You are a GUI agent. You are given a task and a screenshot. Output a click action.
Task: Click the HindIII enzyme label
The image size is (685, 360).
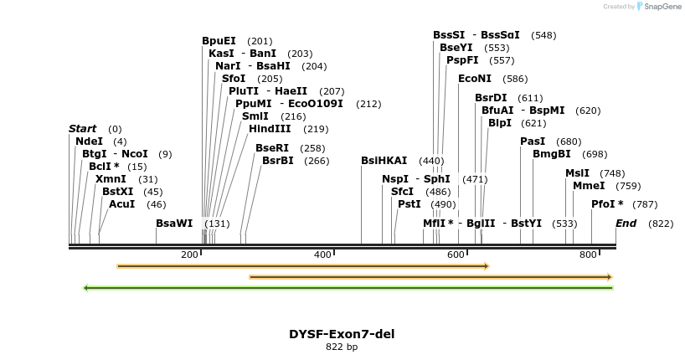click(x=270, y=129)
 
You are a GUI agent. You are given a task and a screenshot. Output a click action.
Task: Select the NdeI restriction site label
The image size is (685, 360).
click(x=89, y=141)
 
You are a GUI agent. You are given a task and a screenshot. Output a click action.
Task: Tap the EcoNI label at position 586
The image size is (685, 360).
click(x=475, y=79)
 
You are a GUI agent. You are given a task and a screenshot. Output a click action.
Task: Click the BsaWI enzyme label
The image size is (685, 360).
click(x=174, y=224)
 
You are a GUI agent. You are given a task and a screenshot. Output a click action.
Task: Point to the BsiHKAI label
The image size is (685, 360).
click(x=384, y=161)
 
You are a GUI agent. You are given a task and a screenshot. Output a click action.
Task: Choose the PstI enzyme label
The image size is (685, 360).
click(x=409, y=204)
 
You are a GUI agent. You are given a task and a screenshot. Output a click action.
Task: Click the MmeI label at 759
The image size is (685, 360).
click(x=588, y=186)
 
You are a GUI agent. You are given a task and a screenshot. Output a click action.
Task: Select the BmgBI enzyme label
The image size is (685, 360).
click(x=551, y=154)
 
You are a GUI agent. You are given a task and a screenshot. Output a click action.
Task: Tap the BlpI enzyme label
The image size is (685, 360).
click(x=499, y=123)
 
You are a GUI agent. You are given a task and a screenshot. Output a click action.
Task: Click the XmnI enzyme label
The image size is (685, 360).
click(x=111, y=179)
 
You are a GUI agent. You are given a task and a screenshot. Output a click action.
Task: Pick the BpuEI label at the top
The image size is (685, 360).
click(x=219, y=41)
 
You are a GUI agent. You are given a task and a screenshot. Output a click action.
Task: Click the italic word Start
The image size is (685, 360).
click(x=82, y=129)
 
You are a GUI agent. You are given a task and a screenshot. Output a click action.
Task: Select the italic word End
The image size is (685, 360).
click(x=626, y=224)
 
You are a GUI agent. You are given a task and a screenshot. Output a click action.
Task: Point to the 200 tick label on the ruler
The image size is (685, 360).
click(x=189, y=255)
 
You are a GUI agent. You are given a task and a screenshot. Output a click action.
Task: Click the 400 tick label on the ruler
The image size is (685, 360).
click(x=322, y=255)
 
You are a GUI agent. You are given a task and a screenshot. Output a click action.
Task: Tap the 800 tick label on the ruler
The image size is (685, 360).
click(x=588, y=255)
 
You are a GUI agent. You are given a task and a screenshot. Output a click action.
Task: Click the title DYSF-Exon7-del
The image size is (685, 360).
click(x=342, y=334)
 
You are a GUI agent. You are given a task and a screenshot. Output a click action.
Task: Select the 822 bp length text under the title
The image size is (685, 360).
click(x=342, y=347)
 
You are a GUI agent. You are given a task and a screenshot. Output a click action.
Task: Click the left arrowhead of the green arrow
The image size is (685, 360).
click(x=85, y=288)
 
